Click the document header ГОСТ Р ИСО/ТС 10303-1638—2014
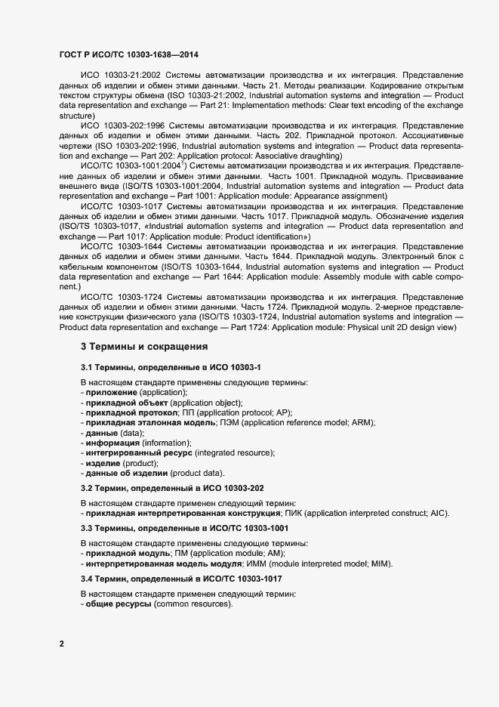click(129, 56)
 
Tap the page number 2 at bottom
click(62, 644)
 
